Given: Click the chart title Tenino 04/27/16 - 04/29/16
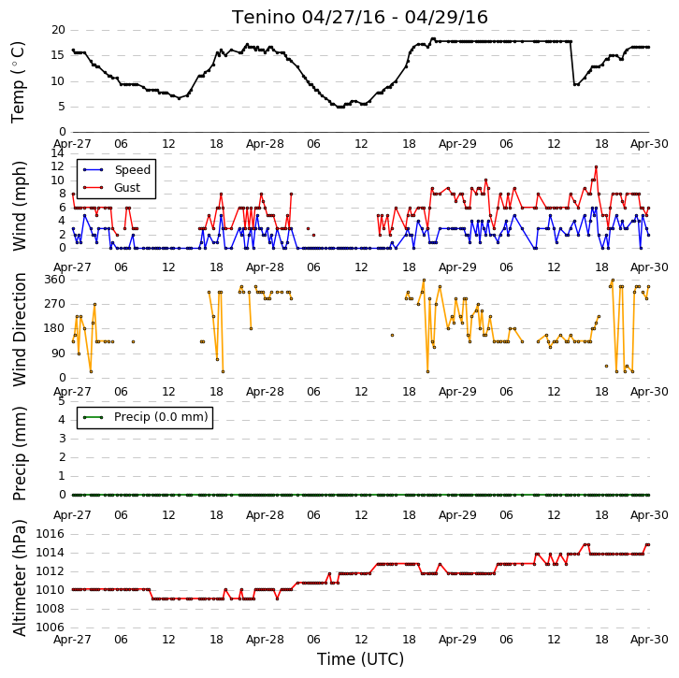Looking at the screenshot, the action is point(360,18).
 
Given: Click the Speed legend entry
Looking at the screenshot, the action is point(117,169).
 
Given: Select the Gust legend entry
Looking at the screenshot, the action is point(111,187).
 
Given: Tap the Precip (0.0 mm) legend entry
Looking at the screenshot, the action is point(146,417).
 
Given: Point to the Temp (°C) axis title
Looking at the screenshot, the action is point(18,82).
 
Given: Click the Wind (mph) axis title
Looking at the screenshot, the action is point(19,206).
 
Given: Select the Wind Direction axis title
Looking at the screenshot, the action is point(19,329).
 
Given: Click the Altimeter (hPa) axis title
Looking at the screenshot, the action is point(19,578).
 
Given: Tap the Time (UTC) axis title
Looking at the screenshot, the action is point(360,659).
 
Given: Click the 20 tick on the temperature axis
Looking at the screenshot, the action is point(58,30).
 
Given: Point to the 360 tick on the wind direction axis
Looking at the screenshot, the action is point(55,280).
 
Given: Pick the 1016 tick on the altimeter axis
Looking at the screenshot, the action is point(50,534).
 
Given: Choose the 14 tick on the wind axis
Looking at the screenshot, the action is point(58,153).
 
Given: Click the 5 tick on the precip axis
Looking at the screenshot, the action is point(62,401).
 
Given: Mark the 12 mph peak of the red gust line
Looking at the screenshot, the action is point(597,166).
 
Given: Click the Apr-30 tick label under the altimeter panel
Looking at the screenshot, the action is point(649,640).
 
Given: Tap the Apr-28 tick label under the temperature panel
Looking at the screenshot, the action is point(265,144).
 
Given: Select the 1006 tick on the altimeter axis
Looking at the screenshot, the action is point(50,628).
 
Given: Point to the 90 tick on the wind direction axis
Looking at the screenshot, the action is point(59,353).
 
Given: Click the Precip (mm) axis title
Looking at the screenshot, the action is point(19,454).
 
